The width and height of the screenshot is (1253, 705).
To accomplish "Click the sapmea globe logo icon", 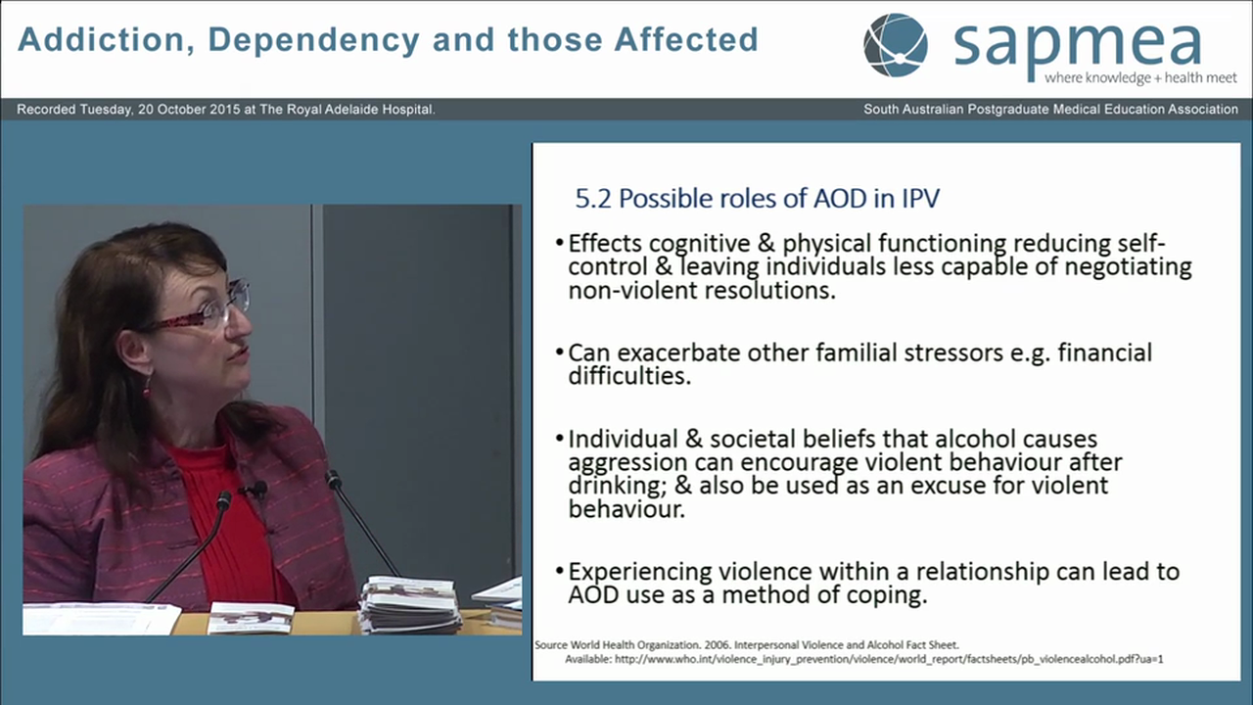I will (895, 45).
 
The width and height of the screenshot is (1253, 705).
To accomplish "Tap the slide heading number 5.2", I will (593, 199).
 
